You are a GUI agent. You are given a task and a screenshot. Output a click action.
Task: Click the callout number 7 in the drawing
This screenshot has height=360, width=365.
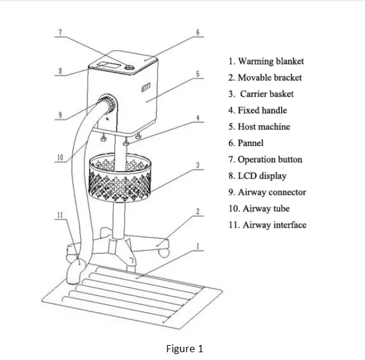(60, 31)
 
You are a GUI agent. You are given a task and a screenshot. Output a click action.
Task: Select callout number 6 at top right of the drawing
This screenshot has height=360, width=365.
(197, 31)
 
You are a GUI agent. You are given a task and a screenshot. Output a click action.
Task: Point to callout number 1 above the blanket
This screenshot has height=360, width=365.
(198, 246)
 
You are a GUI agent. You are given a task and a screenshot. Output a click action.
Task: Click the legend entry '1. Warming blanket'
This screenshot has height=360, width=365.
(266, 61)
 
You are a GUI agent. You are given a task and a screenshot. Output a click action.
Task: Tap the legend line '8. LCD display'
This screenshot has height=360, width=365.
(257, 176)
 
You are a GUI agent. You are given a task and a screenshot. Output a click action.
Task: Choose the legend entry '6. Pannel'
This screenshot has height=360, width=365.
(246, 143)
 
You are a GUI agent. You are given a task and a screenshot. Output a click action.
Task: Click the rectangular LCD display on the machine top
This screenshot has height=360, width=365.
(108, 63)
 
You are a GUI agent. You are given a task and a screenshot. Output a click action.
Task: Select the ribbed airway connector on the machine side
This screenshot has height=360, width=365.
(108, 105)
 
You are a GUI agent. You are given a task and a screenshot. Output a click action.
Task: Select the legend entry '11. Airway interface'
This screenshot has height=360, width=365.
(267, 225)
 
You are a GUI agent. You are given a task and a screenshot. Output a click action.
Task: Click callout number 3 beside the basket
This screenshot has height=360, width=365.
(198, 164)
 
